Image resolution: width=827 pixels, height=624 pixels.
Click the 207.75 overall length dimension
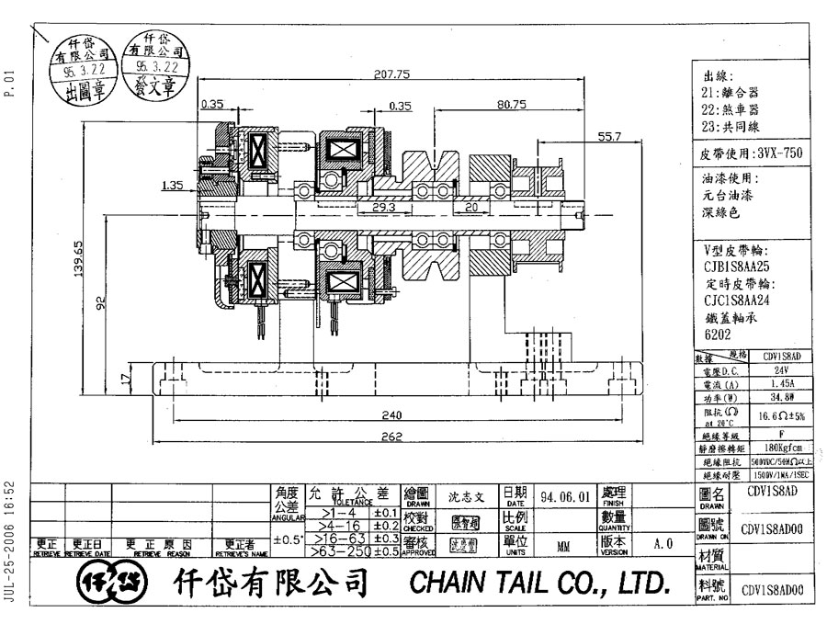pyautogui.click(x=391, y=74)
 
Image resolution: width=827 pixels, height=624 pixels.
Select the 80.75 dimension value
pyautogui.click(x=511, y=105)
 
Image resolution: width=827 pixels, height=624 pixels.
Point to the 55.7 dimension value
pyautogui.click(x=610, y=137)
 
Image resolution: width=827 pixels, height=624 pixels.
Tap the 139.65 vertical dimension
pyautogui.click(x=81, y=258)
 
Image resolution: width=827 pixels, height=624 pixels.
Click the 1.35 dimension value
pyautogui.click(x=172, y=185)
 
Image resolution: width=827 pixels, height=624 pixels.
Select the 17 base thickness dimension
pyautogui.click(x=127, y=376)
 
